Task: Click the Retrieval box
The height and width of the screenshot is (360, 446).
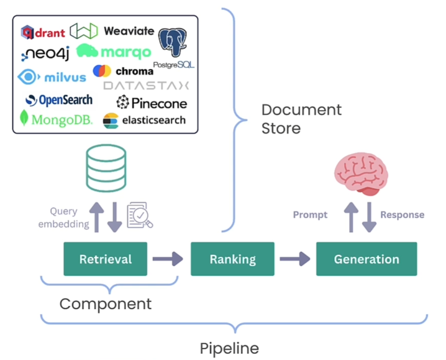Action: tap(105, 259)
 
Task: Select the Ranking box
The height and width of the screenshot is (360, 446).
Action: tap(232, 259)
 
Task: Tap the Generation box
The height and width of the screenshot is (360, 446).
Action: tap(366, 259)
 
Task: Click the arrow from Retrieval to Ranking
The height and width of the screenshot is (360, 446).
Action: tap(167, 259)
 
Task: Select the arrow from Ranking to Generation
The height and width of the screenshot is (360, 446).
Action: tap(294, 259)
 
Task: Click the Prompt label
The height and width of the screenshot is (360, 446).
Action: tap(310, 215)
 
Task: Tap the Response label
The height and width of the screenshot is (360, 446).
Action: tap(402, 215)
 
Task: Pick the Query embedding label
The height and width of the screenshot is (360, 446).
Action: tap(63, 218)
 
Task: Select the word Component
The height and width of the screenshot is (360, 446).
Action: tap(105, 304)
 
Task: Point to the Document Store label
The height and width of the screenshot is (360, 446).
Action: tap(301, 119)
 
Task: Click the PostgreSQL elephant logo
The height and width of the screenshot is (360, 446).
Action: tap(173, 44)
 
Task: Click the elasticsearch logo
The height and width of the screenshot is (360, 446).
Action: tap(144, 120)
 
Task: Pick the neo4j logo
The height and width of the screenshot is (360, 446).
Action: tap(45, 53)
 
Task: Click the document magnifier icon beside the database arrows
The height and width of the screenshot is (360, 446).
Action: tap(139, 215)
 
